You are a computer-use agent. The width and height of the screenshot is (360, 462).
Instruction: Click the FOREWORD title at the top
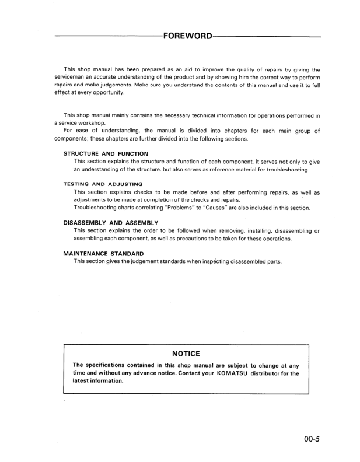pyautogui.click(x=188, y=36)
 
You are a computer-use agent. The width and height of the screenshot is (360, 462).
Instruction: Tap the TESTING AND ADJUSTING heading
pyautogui.click(x=103, y=184)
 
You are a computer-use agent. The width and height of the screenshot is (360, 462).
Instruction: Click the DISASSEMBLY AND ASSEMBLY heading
pyautogui.click(x=111, y=223)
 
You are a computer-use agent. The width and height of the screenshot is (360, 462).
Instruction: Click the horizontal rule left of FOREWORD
pyautogui.click(x=107, y=37)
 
